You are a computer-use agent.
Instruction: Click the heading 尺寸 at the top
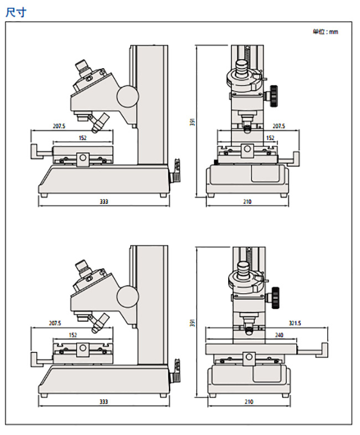click(16, 12)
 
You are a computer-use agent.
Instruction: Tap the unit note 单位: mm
click(325, 32)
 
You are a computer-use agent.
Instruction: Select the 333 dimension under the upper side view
click(104, 202)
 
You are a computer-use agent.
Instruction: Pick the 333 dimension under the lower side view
click(104, 401)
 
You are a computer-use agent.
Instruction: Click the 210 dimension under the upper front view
click(247, 202)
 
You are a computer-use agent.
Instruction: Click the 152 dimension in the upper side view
click(82, 138)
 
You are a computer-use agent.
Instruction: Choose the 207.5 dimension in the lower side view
click(55, 323)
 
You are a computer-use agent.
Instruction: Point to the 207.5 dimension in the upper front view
click(279, 126)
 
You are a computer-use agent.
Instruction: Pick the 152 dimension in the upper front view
click(270, 138)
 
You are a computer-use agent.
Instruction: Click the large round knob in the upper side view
click(127, 95)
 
